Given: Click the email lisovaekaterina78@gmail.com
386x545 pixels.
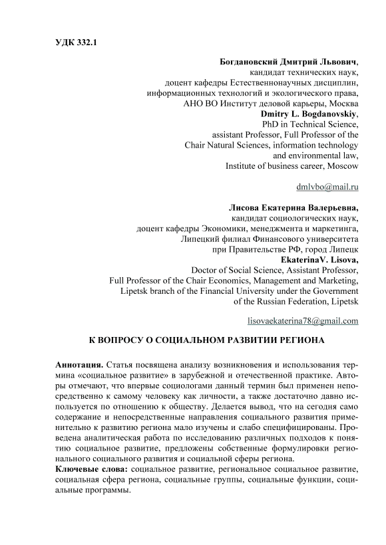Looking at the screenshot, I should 303,320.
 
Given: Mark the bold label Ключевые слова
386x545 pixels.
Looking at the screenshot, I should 91,469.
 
